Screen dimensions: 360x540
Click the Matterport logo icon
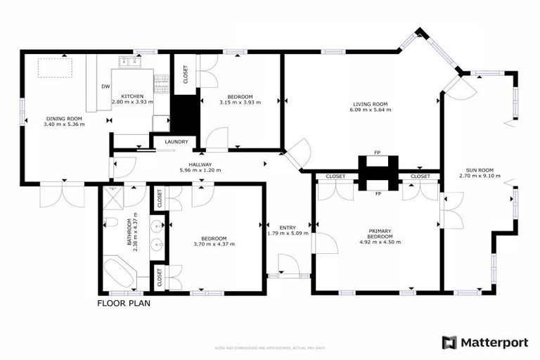click(449, 342)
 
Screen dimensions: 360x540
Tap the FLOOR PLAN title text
click(124, 304)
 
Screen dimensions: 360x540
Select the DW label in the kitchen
click(105, 86)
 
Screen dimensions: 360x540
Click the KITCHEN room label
click(132, 96)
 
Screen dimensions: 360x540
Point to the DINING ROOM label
click(64, 118)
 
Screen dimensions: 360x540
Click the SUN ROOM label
click(480, 170)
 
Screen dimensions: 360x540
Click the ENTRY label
click(288, 227)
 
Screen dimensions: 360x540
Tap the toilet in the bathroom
click(110, 224)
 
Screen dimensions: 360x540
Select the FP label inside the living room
click(378, 153)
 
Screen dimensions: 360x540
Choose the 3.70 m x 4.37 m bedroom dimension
click(214, 244)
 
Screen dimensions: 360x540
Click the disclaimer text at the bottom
click(270, 347)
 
